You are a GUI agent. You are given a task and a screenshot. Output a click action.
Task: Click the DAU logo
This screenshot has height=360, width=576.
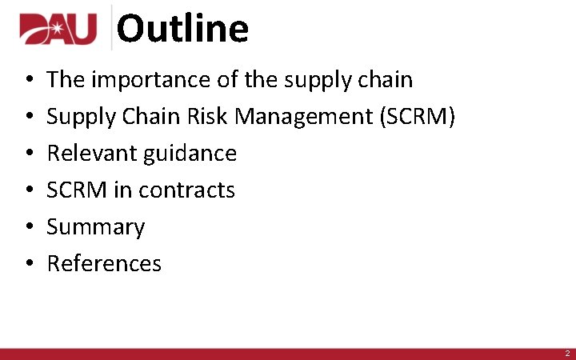(58, 30)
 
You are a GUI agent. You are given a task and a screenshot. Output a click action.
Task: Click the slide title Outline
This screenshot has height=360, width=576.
(182, 29)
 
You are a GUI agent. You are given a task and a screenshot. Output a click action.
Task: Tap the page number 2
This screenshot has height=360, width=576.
(566, 353)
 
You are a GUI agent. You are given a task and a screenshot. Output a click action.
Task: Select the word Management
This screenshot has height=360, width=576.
(303, 118)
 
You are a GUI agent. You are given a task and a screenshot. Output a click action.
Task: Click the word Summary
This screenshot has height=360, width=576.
(95, 227)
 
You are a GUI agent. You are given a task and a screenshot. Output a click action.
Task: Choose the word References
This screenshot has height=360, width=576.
(104, 263)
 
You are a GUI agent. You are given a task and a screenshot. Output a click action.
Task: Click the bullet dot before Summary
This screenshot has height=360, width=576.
(28, 228)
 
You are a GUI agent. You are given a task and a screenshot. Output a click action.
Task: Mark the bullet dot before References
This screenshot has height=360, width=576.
(28, 264)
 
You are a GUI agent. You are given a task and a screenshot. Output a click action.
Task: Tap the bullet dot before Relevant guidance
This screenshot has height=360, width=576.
(28, 154)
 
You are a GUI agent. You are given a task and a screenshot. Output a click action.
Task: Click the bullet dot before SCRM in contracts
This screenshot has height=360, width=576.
(28, 191)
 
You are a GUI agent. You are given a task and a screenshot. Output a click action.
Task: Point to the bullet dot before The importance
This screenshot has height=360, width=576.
(28, 81)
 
